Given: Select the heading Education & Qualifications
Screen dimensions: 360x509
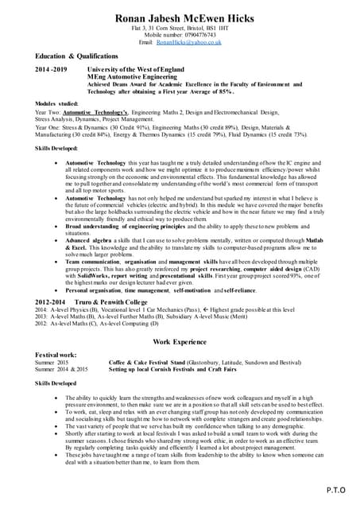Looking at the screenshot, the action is pyautogui.click(x=76, y=57).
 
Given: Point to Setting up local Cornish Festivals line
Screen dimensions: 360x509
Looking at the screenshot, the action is pyautogui.click(x=171, y=369).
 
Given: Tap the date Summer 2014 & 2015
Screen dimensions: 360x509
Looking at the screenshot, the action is pyautogui.click(x=61, y=369).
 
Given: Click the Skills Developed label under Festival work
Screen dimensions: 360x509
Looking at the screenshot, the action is pyautogui.click(x=57, y=383).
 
